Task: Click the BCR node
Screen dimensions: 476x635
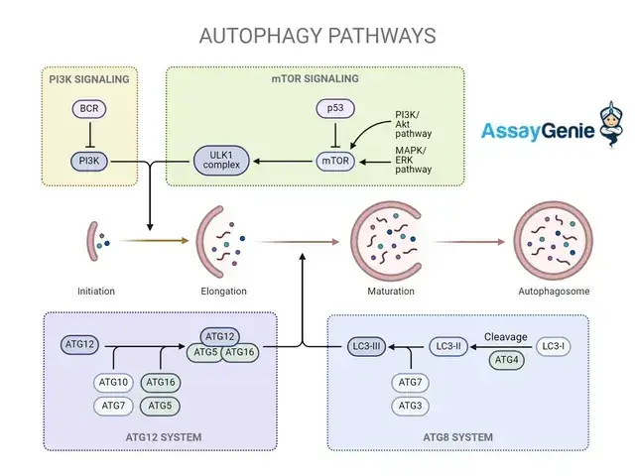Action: click(x=87, y=107)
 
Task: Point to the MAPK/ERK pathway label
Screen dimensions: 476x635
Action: click(x=413, y=159)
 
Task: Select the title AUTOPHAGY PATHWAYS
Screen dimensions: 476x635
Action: click(x=317, y=36)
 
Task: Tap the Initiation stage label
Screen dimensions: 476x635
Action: click(x=96, y=291)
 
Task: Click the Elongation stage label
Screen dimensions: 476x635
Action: click(x=223, y=291)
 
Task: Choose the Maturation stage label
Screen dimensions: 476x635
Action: click(x=390, y=291)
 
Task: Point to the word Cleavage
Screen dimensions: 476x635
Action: click(x=505, y=336)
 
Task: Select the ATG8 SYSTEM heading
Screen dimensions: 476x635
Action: click(x=457, y=437)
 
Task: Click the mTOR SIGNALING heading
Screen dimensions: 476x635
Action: click(x=314, y=78)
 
